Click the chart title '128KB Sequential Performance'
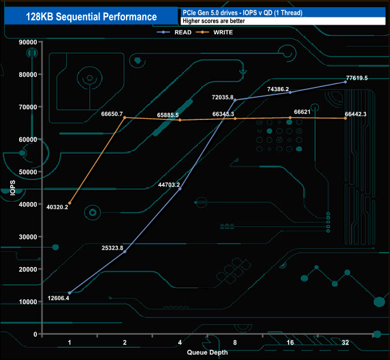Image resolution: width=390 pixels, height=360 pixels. (92, 17)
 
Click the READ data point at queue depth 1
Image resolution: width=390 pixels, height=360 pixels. (70, 293)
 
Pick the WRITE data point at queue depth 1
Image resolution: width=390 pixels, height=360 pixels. (70, 203)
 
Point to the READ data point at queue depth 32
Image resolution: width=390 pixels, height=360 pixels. (346, 82)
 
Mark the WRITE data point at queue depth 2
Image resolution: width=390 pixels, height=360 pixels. (125, 118)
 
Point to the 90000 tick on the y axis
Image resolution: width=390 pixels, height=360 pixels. (28, 42)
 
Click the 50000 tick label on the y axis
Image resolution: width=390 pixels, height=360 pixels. (28, 172)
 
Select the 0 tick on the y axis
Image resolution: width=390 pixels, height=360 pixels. (35, 334)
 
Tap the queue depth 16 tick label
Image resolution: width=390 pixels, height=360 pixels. (290, 343)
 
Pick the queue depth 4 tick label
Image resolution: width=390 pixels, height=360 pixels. (180, 343)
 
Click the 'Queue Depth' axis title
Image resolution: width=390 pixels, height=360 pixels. (207, 352)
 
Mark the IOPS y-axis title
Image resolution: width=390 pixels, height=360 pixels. (13, 188)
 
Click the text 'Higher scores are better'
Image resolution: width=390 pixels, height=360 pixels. (213, 21)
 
